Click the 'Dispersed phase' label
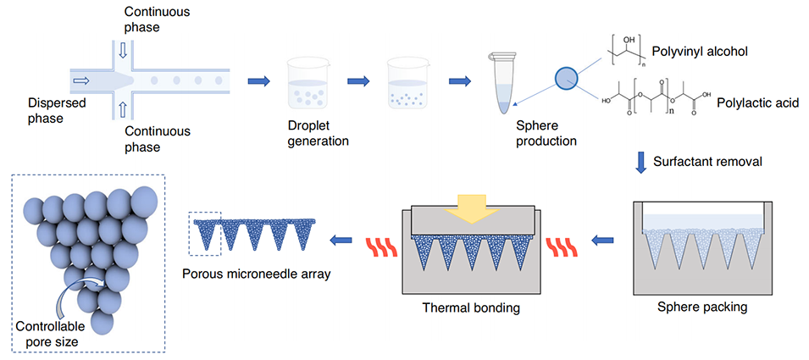tap(35, 111)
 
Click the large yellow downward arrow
tap(471, 206)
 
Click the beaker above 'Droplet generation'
tap(310, 85)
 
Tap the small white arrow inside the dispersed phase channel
tap(81, 81)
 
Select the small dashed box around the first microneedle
tap(205, 232)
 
